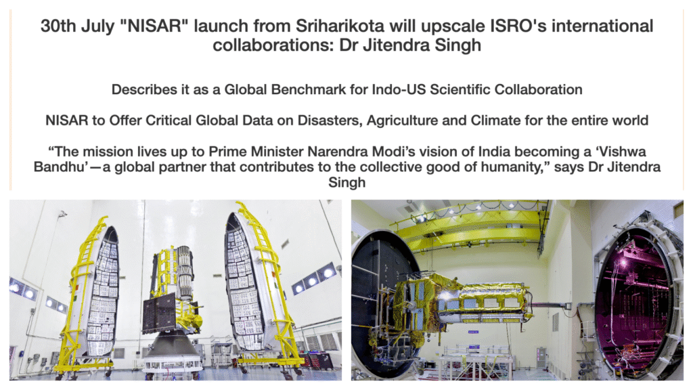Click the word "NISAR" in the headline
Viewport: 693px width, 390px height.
[x=154, y=26]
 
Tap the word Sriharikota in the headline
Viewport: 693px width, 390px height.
[x=340, y=26]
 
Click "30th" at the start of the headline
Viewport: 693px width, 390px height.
[x=58, y=26]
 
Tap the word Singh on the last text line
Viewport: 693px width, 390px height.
[x=347, y=182]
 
